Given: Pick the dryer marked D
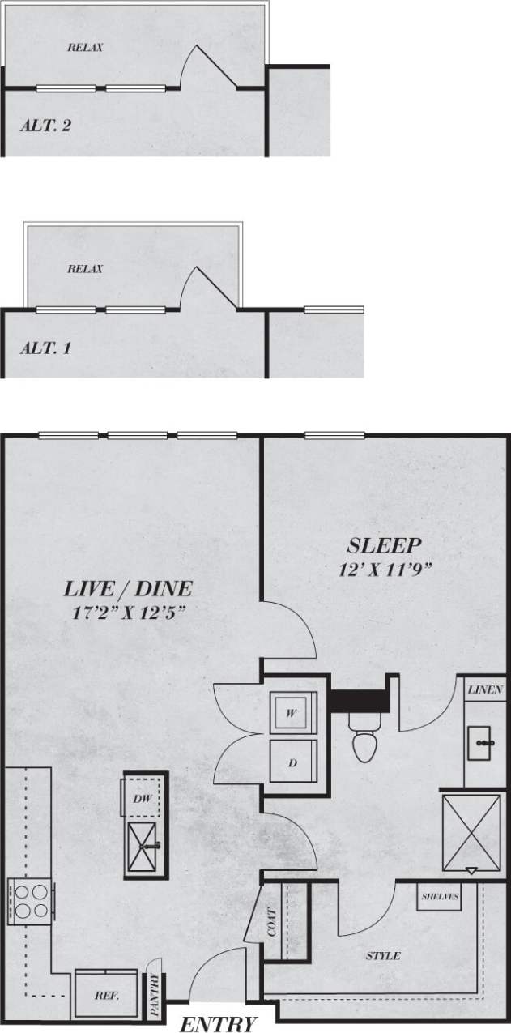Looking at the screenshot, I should tap(292, 762).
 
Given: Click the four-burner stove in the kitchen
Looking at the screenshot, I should tap(29, 899).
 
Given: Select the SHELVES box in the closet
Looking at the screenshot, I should tap(441, 897).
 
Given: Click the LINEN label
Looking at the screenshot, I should tap(485, 691).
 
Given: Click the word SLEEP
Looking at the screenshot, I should tap(385, 544).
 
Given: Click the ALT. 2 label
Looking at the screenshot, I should tap(50, 126).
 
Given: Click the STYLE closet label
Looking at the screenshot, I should tap(383, 956).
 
